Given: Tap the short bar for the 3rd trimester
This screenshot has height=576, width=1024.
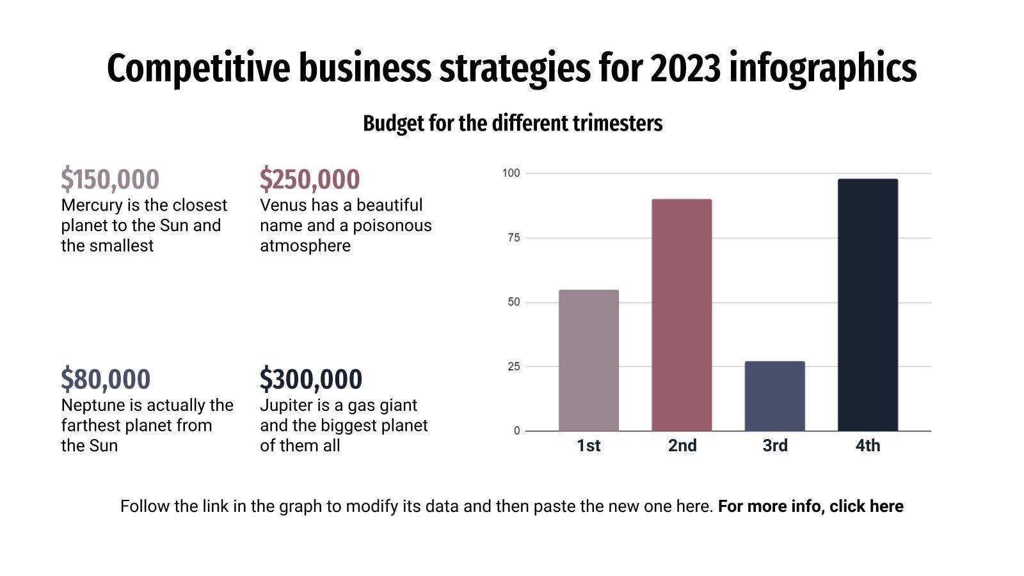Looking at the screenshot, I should pos(774,396).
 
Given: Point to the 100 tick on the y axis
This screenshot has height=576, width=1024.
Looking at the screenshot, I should pos(511,173).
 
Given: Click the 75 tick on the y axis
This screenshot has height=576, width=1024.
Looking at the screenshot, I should pos(513,237).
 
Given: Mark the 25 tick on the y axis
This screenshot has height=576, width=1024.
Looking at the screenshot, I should pos(513,366).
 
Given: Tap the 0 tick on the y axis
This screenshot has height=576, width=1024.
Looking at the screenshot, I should pos(516,431).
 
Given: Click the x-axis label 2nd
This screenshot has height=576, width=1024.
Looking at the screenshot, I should pos(682,445).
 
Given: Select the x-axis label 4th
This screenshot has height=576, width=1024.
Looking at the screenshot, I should pos(867,445).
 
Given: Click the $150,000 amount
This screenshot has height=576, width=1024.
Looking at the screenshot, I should pos(110,179).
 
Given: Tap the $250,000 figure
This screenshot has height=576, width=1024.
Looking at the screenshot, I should pos(310,179).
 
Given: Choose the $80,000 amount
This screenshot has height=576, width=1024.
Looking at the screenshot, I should pos(106,380).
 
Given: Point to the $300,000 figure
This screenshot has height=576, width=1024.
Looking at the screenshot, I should pos(311,380).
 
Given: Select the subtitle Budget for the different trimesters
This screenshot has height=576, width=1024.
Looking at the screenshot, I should pos(512,123).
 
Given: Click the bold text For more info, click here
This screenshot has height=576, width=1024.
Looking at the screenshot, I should pos(810,506).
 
